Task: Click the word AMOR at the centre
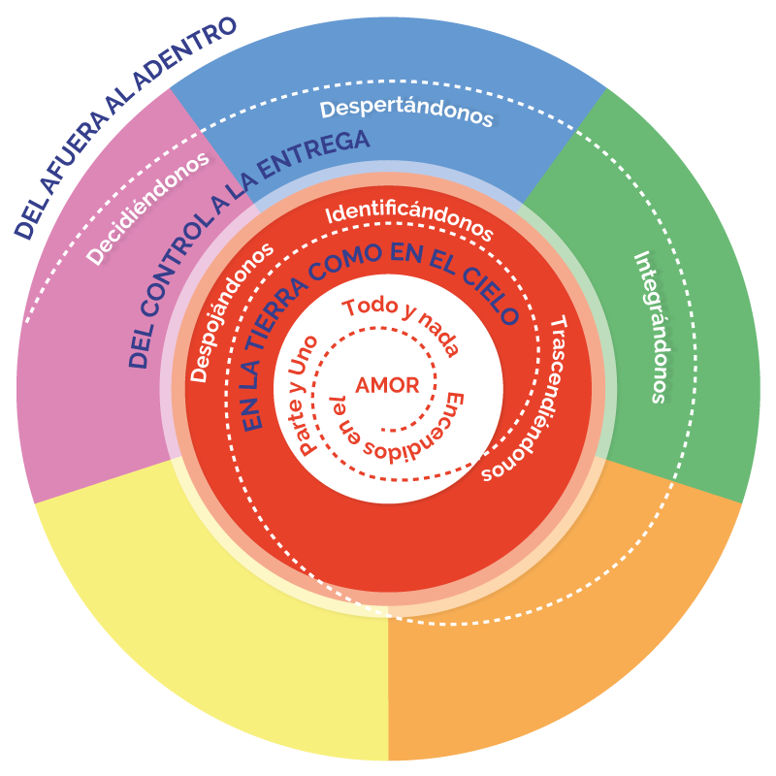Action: (x=387, y=385)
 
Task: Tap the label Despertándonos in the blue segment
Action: (x=406, y=113)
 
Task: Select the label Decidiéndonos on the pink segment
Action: (x=147, y=209)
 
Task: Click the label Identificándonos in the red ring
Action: (x=409, y=219)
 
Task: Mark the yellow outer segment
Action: (x=213, y=621)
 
